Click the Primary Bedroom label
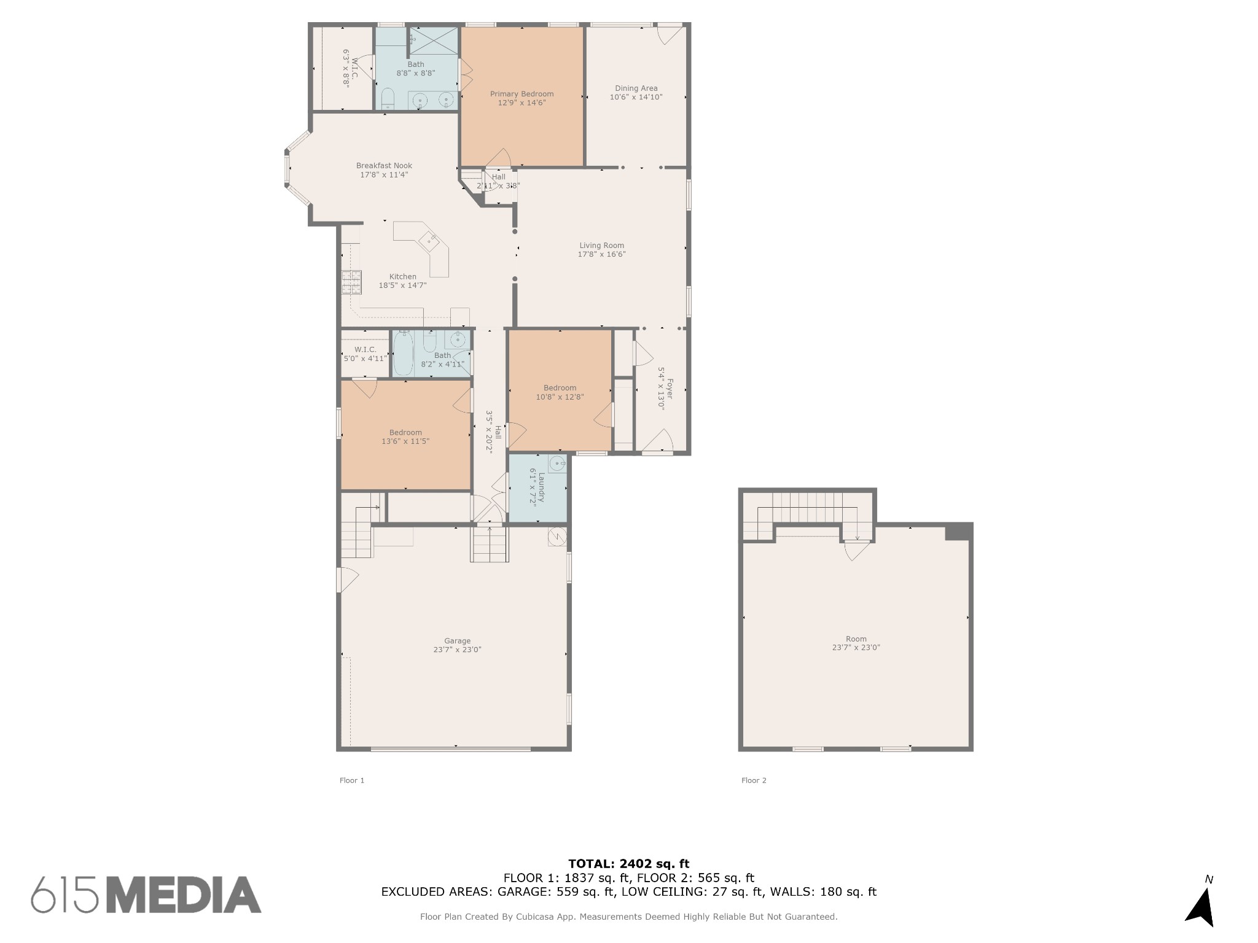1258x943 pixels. pos(522,94)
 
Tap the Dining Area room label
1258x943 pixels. pos(636,88)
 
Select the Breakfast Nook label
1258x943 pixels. pos(384,166)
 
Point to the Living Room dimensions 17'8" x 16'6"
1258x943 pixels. pos(601,254)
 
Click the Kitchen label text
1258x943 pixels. pos(402,276)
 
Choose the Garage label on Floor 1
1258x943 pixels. pos(457,641)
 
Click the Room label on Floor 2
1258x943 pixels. pos(856,638)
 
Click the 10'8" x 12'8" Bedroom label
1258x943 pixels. pos(560,388)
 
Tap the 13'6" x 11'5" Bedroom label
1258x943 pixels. pos(405,432)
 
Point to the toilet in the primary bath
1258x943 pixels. pos(388,99)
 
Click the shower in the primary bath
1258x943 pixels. pos(434,41)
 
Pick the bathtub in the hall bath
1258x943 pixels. pos(402,353)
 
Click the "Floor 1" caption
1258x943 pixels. pos(352,780)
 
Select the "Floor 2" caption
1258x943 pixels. pos(754,780)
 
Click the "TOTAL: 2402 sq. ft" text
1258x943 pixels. pos(628,864)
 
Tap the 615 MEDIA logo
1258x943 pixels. pos(146,894)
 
